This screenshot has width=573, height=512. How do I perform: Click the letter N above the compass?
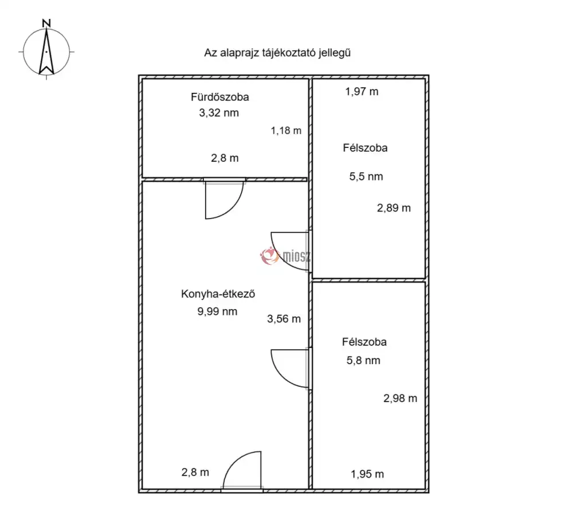point(46,24)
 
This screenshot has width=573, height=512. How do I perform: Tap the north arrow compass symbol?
point(46,52)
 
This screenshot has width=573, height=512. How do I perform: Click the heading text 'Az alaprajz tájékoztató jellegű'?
point(277,53)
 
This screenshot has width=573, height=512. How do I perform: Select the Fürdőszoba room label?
point(220,97)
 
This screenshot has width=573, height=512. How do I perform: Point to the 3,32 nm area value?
point(219,113)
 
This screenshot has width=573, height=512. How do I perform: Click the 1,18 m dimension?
point(286,131)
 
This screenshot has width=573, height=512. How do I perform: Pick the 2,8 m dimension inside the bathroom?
point(225,158)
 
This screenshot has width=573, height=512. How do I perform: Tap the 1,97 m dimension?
point(362,91)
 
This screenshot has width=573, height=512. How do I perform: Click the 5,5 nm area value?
point(366,177)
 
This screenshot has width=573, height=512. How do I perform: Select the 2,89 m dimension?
point(394,208)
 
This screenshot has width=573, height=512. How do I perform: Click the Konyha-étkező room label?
point(218,294)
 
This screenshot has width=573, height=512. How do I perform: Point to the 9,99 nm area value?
point(217,311)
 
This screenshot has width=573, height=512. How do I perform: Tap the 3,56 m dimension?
point(284,319)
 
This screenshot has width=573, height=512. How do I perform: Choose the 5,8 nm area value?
point(364,361)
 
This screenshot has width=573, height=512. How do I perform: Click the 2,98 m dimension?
point(400,398)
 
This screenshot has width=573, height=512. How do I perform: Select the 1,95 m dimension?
point(367,474)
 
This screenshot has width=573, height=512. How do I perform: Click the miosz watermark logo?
point(285,256)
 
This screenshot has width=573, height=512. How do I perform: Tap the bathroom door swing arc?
point(233,208)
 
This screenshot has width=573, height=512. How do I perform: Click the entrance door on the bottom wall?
point(242,471)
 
